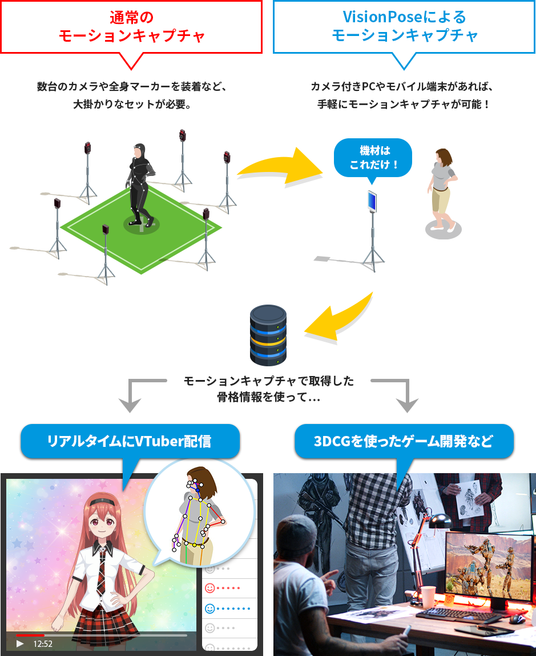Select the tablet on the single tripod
[372, 201]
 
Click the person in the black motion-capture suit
[139, 183]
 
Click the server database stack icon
[268, 335]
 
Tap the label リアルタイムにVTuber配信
[129, 441]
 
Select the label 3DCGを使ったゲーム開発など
[404, 442]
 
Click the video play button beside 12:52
[20, 643]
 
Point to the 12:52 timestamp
[43, 643]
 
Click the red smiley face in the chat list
[209, 588]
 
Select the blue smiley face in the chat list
[209, 608]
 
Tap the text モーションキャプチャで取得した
[268, 382]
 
